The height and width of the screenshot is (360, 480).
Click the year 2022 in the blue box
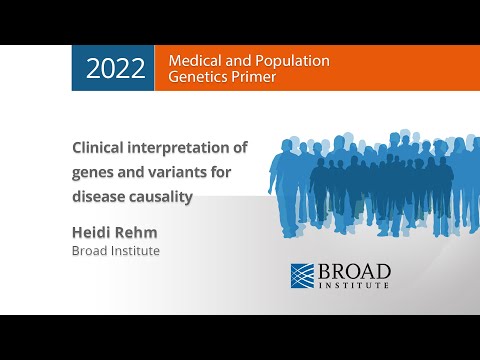pyautogui.click(x=115, y=68)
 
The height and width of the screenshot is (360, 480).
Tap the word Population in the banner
pyautogui.click(x=292, y=60)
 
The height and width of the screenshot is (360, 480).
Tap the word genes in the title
pyautogui.click(x=94, y=172)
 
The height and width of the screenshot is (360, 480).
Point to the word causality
pyautogui.click(x=160, y=196)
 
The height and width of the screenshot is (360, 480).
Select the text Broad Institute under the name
pyautogui.click(x=115, y=251)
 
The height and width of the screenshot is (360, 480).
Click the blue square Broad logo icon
pyautogui.click(x=304, y=275)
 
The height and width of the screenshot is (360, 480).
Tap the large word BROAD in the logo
pyautogui.click(x=355, y=271)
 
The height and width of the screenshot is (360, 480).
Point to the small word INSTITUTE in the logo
pyautogui.click(x=355, y=286)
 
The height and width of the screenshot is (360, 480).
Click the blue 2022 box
pyautogui.click(x=113, y=68)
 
